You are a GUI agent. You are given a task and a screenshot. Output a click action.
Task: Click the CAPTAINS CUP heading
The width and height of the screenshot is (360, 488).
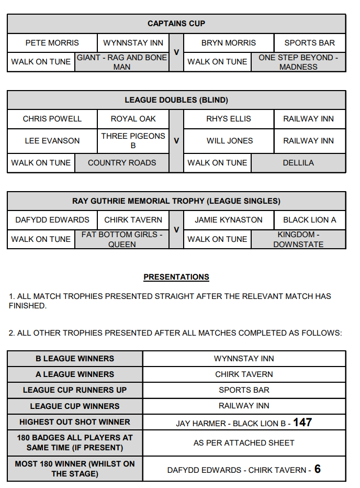[176, 24]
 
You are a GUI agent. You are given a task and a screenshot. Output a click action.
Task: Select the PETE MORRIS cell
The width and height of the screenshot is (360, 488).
[52, 43]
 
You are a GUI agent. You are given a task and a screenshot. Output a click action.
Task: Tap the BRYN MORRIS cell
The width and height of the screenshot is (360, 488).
[229, 43]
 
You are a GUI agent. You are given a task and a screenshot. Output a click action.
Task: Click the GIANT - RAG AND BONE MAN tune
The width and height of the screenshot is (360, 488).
[122, 62]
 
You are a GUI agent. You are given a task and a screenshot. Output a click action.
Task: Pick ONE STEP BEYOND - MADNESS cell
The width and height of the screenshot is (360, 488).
[298, 62]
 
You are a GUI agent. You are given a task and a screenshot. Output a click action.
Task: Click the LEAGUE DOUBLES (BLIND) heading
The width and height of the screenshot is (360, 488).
[176, 99]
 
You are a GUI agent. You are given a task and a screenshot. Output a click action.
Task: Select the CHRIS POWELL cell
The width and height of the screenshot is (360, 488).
[52, 119]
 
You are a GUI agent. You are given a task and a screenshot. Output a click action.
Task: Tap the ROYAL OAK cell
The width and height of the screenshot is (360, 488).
[133, 119]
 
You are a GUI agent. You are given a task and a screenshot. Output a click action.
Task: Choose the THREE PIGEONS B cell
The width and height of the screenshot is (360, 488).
[133, 140]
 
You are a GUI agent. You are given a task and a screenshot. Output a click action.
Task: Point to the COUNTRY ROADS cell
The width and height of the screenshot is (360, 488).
[122, 163]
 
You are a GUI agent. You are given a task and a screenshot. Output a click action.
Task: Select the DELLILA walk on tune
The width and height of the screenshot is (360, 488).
[298, 163]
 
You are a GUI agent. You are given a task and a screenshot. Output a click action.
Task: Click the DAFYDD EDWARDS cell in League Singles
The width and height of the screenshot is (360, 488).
[52, 220]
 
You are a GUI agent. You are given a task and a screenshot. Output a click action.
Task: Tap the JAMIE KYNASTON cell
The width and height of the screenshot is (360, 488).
[229, 220]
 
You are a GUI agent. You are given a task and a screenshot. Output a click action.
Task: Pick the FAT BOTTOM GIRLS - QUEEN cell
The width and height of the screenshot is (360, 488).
[122, 239]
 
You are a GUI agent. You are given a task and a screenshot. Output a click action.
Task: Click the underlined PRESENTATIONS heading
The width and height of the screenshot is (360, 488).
[176, 277]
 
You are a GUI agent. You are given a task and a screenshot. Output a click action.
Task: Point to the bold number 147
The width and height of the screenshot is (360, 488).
[302, 422]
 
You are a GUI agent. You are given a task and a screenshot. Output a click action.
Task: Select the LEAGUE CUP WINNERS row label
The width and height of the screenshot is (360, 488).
[75, 406]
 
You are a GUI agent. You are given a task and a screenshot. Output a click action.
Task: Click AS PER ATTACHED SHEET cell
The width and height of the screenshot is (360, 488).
[244, 442]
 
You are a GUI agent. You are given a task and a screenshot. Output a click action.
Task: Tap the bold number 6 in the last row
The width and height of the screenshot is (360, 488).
[317, 469]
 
